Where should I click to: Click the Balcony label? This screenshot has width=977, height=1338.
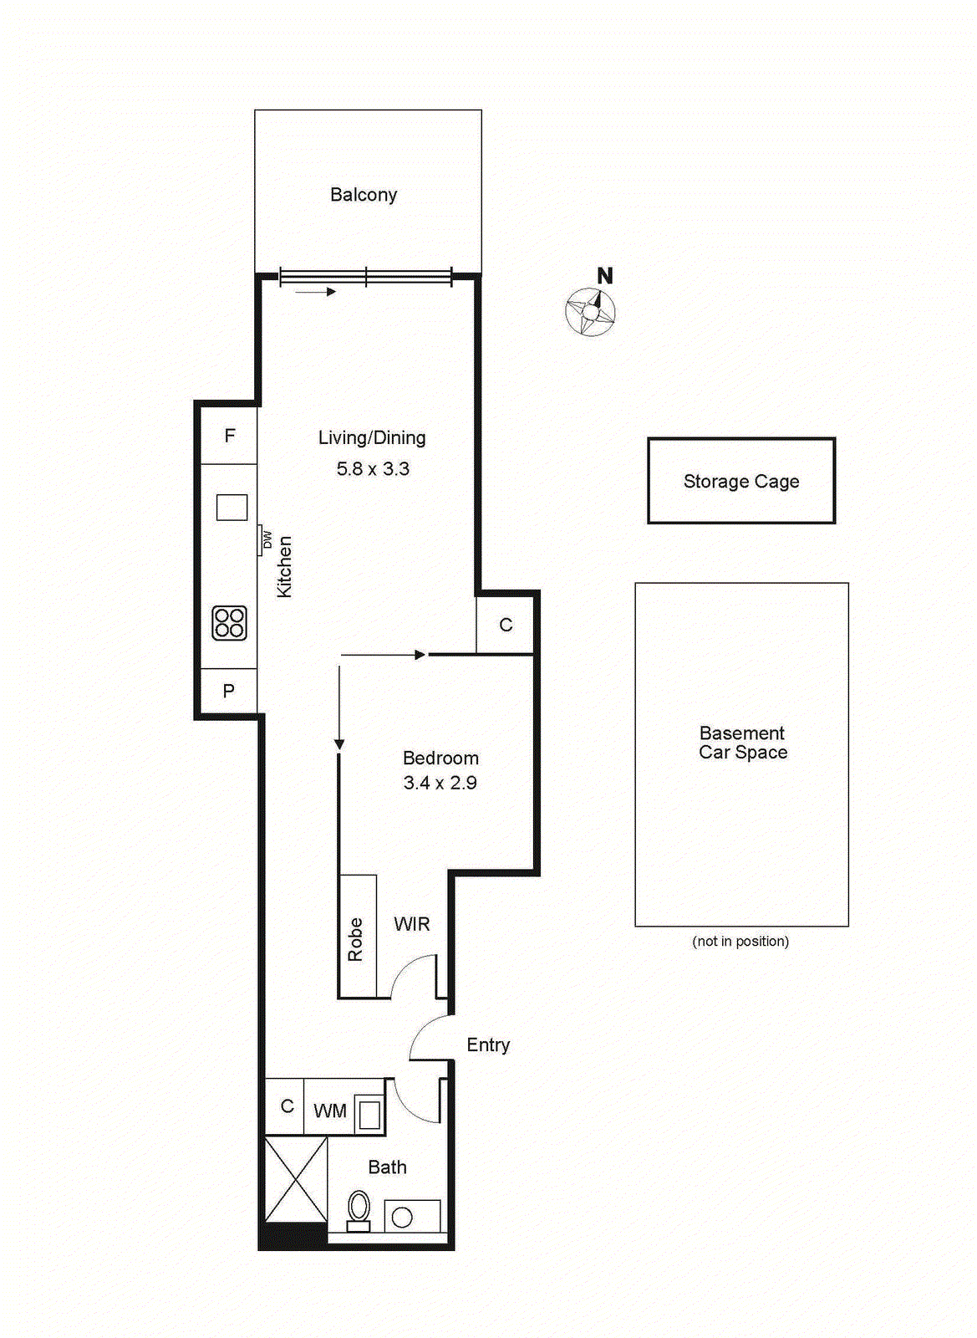pyautogui.click(x=364, y=195)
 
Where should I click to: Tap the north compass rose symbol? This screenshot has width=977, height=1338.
pyautogui.click(x=591, y=312)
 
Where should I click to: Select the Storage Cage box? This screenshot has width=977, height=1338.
pyautogui.click(x=741, y=481)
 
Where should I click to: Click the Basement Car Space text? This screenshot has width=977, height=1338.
pyautogui.click(x=743, y=743)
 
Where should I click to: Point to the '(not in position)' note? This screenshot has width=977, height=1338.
pyautogui.click(x=740, y=941)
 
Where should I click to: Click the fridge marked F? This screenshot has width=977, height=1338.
pyautogui.click(x=229, y=436)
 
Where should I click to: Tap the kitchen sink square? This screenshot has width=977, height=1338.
pyautogui.click(x=232, y=507)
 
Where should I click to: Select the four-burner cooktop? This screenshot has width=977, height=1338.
pyautogui.click(x=229, y=623)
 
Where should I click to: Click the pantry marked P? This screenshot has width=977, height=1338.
pyautogui.click(x=228, y=691)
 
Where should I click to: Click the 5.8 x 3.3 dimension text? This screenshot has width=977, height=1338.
pyautogui.click(x=373, y=469)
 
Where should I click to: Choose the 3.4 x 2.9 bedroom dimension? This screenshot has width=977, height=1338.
pyautogui.click(x=440, y=783)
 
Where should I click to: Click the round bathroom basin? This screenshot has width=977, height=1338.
pyautogui.click(x=402, y=1217)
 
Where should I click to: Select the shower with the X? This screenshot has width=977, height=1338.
pyautogui.click(x=296, y=1178)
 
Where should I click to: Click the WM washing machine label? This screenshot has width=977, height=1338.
pyautogui.click(x=330, y=1111)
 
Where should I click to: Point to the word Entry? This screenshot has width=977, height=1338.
pyautogui.click(x=488, y=1045)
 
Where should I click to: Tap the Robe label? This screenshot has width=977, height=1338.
pyautogui.click(x=355, y=939)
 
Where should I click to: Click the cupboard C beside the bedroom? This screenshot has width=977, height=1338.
pyautogui.click(x=506, y=625)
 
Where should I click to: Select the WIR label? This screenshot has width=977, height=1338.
pyautogui.click(x=412, y=924)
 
